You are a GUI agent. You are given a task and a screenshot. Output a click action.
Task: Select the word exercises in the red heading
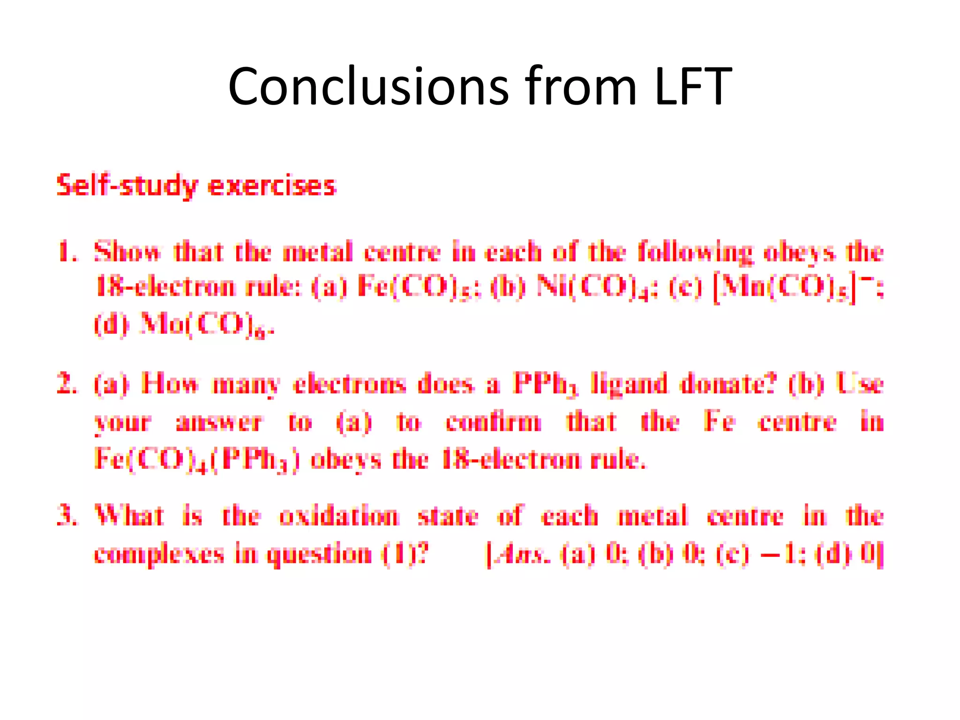272,186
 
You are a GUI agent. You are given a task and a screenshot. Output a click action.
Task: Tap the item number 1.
66,251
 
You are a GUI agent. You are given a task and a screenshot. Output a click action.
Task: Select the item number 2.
66,384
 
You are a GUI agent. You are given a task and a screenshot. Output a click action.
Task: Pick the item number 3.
66,516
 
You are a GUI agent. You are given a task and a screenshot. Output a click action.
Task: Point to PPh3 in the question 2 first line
546,384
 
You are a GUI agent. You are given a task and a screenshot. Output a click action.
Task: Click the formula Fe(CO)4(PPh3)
196,459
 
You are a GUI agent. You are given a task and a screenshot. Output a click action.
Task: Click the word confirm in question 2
494,422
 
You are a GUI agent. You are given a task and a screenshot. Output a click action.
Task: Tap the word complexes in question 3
159,555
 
